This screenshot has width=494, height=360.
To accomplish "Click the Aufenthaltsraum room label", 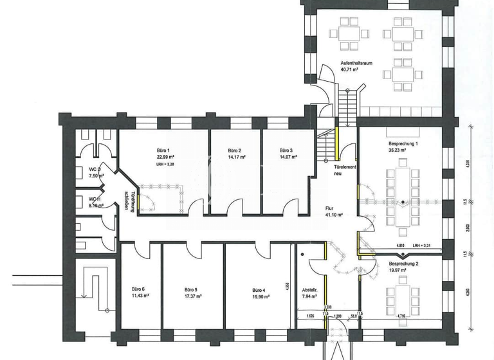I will (x=356, y=63).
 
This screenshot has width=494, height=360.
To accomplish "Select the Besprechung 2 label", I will (x=403, y=264).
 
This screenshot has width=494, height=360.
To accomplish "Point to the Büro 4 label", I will (x=259, y=290).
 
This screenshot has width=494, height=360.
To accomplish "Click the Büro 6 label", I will (x=138, y=289).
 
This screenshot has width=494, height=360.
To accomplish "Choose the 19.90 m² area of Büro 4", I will (x=260, y=297).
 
